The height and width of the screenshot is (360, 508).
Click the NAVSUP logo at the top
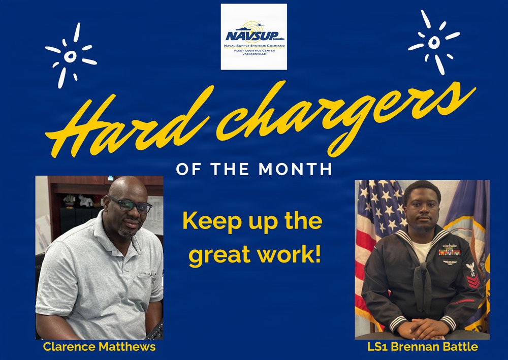254,37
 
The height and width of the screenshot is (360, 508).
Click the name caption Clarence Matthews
99,347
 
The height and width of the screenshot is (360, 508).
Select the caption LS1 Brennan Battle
422,347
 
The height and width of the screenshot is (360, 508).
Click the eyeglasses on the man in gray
130,205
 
